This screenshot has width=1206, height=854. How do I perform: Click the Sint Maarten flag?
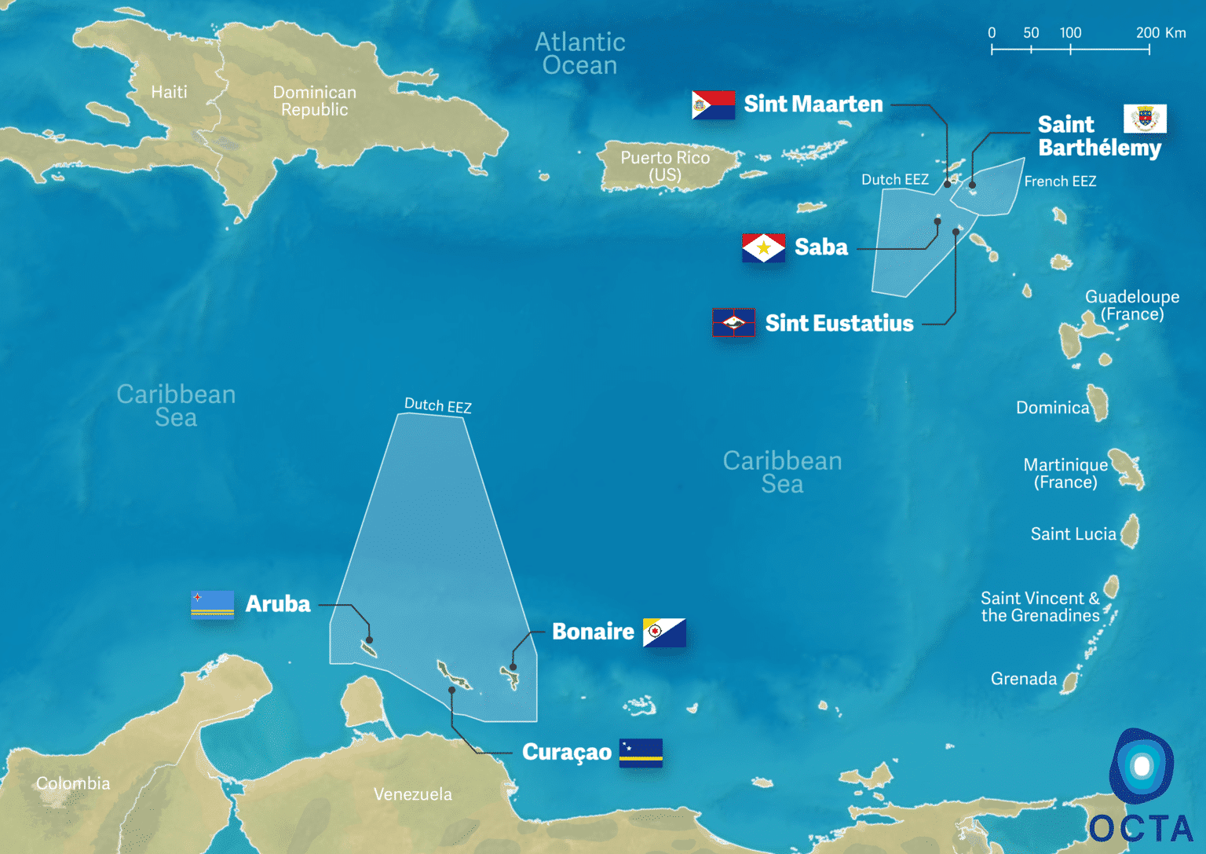pos(713,104)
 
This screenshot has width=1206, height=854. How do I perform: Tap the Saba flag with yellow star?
pos(763,248)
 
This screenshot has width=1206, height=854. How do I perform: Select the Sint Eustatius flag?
pos(733,322)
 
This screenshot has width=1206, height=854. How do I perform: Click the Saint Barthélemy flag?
pos(1145,119)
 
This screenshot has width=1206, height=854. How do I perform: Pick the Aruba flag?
pos(213,604)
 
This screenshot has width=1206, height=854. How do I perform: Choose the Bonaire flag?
pos(664,632)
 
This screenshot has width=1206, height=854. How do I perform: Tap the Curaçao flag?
pos(641,752)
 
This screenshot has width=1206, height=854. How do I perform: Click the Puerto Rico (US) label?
pos(665,166)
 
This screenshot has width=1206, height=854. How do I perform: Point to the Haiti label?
pos(169,92)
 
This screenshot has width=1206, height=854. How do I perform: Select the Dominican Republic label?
pos(314,101)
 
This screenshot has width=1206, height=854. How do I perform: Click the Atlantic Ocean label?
pos(580,53)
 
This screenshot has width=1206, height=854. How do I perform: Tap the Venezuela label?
pos(413,794)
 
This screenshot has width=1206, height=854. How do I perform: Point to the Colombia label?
pos(73,783)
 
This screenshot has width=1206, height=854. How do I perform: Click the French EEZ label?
pos(1060,181)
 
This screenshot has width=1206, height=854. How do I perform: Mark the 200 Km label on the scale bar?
pos(1160,33)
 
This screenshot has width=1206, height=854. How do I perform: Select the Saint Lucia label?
pos(1073,534)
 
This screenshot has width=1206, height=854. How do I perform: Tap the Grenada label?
pos(1024,679)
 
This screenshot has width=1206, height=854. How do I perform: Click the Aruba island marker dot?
pos(369,640)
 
